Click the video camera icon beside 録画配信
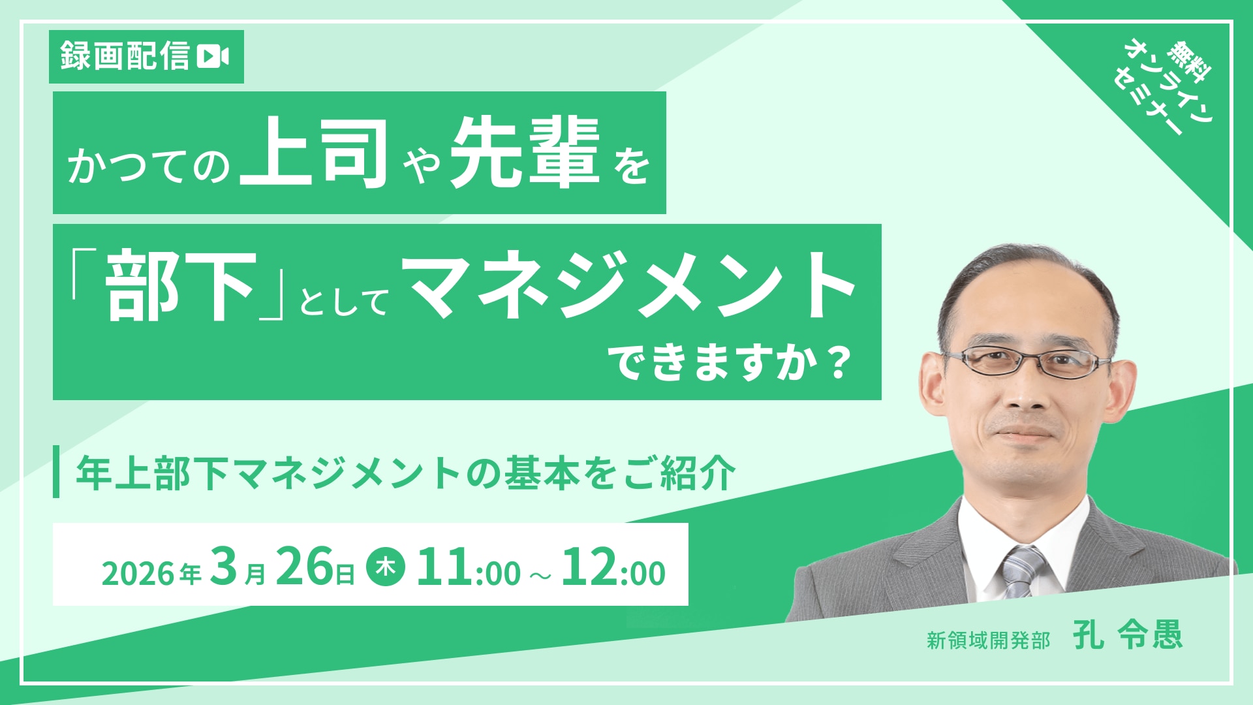tap(213, 56)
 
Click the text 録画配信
tap(125, 56)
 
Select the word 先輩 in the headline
tap(524, 153)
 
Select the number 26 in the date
tap(304, 567)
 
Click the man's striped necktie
tap(1023, 571)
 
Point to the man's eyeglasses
tap(1026, 362)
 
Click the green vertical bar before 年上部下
tap(56, 471)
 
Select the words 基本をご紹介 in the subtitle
tap(621, 473)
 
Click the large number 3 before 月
tap(224, 566)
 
